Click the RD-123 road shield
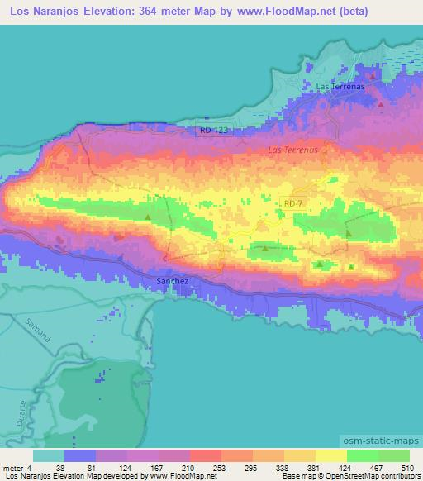213,130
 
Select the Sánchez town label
173,282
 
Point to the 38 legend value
59,467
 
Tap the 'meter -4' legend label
17,467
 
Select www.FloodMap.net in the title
282,12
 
